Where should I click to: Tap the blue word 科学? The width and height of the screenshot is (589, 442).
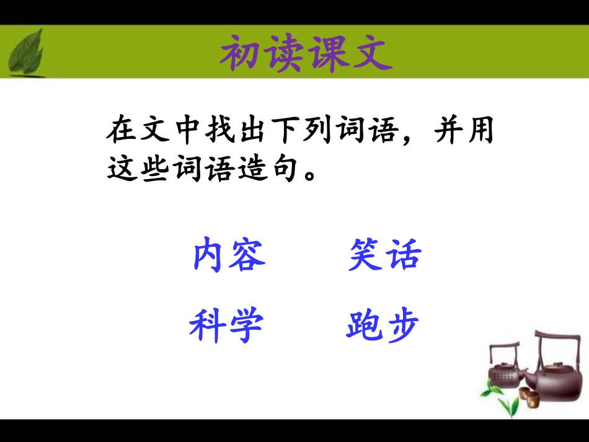point(226,326)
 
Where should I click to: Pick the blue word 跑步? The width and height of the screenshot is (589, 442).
point(383,326)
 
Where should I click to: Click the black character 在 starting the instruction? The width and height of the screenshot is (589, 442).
point(120,132)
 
